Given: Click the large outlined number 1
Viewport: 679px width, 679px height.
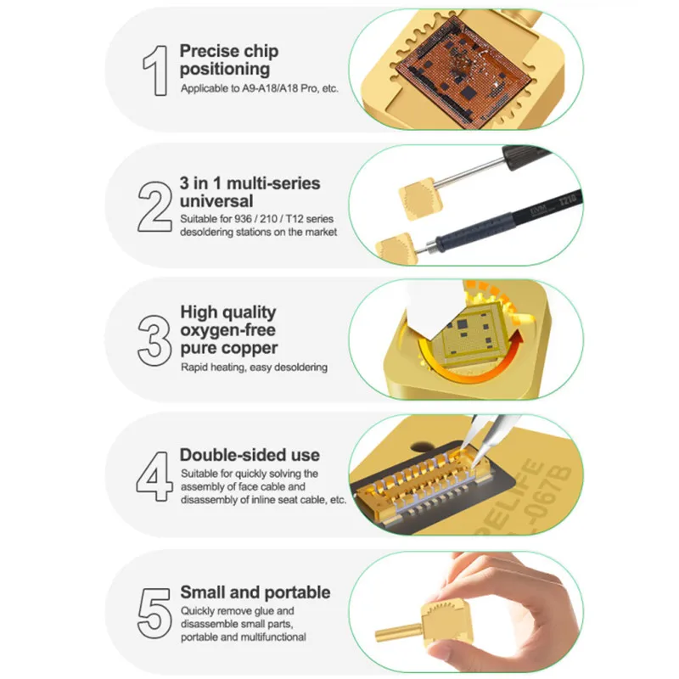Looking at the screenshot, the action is point(156,70).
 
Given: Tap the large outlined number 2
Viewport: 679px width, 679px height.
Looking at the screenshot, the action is point(154,206).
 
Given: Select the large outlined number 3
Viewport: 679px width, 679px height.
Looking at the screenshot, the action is point(154,341).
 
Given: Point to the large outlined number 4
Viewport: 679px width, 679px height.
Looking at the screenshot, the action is point(154,476).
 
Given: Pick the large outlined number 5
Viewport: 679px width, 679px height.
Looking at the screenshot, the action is point(154,613).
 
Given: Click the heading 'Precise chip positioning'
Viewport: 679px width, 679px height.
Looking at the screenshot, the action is point(229,59).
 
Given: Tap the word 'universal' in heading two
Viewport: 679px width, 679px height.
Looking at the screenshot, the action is point(216,201).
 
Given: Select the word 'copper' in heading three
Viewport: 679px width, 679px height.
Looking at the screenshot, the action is point(252,348).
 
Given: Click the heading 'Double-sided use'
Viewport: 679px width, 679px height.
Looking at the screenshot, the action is point(250,455).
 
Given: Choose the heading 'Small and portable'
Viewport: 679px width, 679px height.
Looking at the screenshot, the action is point(255,592).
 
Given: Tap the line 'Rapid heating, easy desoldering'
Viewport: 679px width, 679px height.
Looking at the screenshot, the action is point(254,368).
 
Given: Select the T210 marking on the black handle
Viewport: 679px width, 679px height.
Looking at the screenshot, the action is point(567,199).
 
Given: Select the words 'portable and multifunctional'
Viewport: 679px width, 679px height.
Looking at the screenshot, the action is point(244,637).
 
